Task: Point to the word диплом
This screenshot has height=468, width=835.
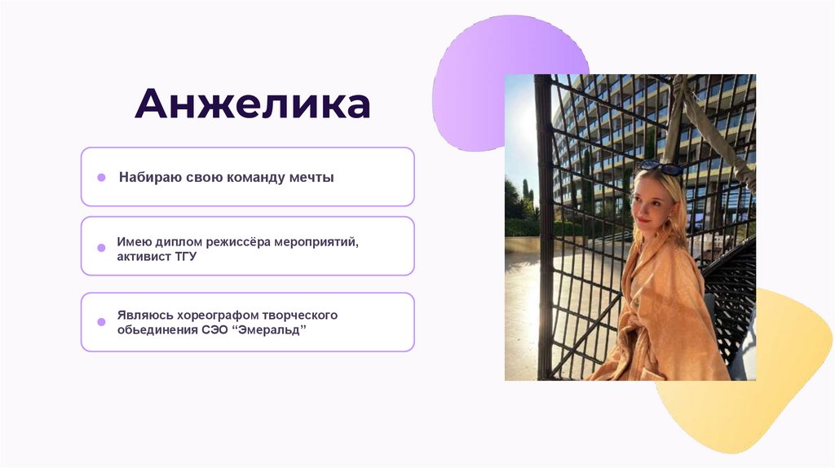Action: tap(175, 242)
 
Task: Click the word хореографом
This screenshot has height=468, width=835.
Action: tap(210, 315)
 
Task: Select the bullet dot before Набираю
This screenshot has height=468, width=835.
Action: tap(101, 177)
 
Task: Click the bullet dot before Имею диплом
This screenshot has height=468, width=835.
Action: tap(101, 247)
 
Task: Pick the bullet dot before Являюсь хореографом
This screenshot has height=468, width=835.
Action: tap(101, 321)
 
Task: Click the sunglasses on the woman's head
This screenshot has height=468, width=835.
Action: tap(660, 168)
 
